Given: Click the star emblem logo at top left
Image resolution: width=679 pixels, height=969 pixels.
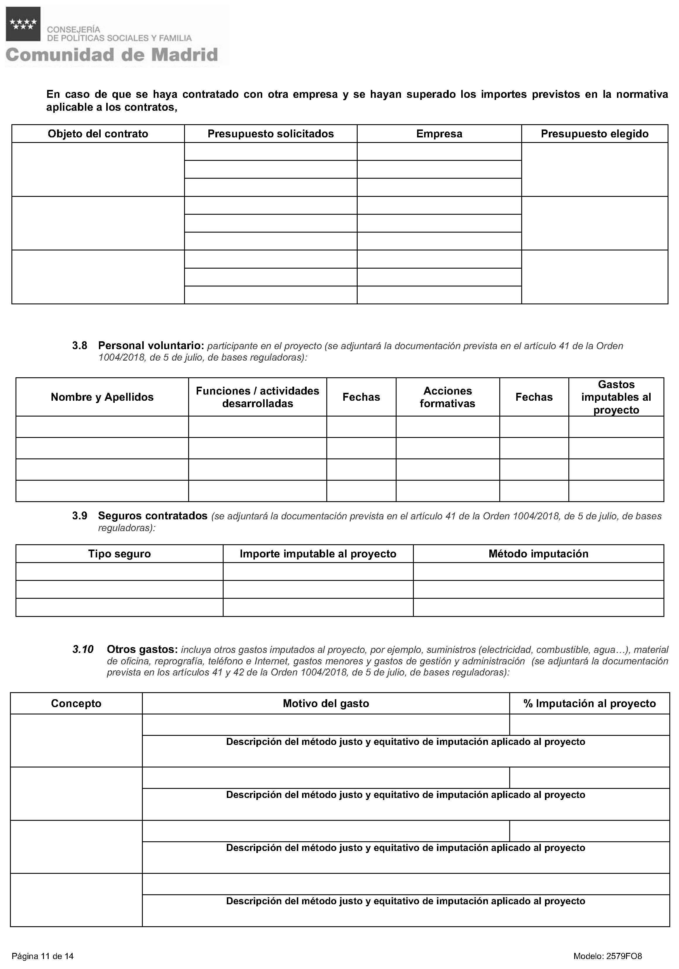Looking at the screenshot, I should [23, 24].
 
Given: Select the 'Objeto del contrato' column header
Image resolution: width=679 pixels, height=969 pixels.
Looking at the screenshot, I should [98, 134].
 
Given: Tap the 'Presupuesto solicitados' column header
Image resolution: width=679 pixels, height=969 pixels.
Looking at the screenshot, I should [270, 134].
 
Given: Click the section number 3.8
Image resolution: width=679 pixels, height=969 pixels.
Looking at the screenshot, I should [79, 346].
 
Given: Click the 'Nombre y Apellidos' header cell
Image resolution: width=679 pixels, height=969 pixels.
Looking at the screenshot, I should [102, 397].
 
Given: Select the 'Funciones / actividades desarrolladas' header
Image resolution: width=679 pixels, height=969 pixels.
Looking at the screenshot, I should [257, 397].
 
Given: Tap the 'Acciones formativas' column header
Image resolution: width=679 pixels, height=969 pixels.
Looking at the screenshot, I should [447, 397].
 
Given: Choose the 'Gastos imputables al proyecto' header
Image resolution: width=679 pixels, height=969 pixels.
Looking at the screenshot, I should [616, 397].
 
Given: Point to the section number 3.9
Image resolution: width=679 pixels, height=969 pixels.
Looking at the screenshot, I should [79, 516].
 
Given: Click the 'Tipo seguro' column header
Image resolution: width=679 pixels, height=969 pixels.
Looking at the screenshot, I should [119, 554].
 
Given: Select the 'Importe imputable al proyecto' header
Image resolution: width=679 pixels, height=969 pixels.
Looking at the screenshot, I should [318, 554].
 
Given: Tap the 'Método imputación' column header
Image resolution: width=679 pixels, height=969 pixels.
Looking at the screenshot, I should [538, 554].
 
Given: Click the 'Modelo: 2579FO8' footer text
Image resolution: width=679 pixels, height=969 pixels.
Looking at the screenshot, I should [607, 956].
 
